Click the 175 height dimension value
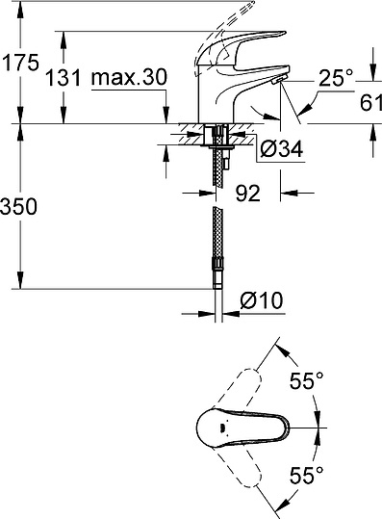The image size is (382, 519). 19,64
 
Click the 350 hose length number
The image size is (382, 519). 19,206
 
